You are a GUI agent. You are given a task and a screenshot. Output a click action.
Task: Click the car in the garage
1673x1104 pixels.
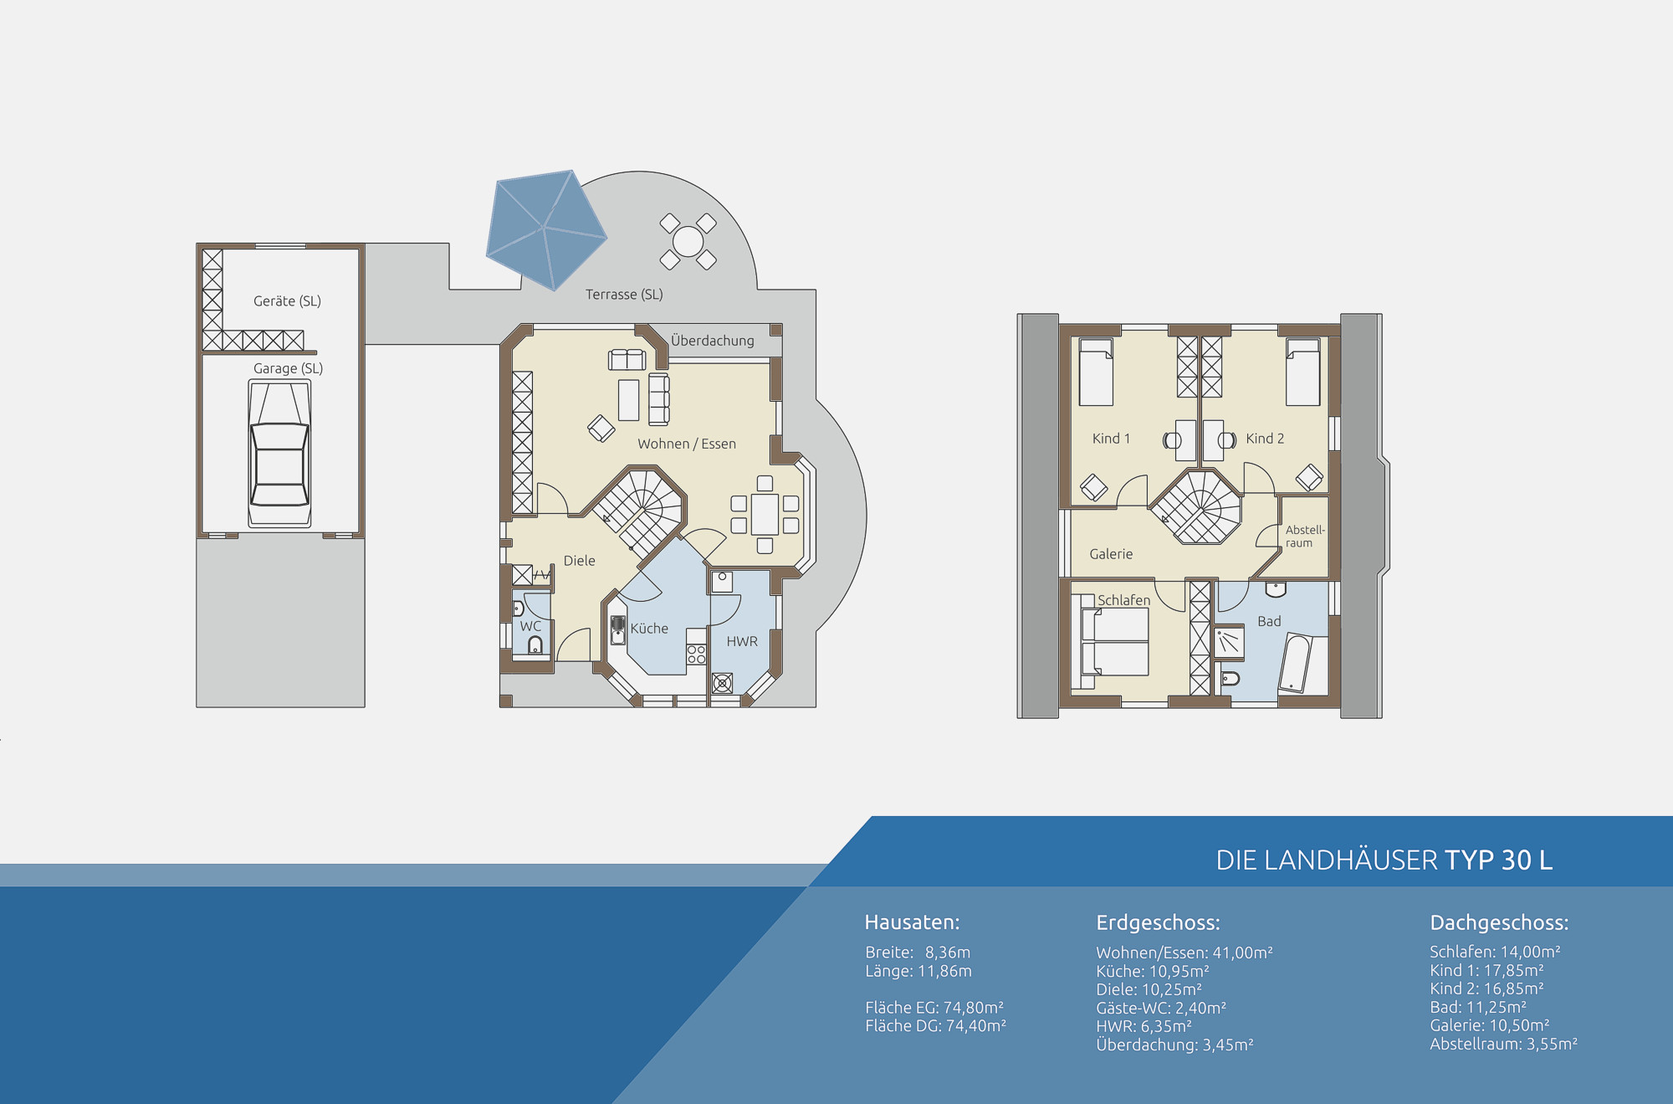click(279, 453)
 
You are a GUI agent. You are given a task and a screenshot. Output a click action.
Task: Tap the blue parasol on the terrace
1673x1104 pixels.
click(546, 229)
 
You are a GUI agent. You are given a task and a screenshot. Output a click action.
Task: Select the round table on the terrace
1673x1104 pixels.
click(688, 241)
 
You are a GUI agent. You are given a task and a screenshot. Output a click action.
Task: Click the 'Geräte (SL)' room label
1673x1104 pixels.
click(287, 301)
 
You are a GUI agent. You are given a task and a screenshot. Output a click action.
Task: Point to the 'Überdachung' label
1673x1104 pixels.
click(712, 341)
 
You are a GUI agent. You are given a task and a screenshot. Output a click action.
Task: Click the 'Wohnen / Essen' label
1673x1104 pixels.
click(687, 444)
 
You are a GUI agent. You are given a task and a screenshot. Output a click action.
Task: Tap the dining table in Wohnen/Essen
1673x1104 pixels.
click(765, 514)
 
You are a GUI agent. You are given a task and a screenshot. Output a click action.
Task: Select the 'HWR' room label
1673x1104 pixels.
click(742, 641)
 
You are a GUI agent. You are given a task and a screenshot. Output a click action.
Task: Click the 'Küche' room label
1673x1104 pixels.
click(649, 629)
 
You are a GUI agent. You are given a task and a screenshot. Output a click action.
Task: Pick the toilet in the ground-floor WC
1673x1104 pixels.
click(535, 644)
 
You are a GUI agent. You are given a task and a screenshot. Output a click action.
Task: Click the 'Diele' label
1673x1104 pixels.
click(579, 561)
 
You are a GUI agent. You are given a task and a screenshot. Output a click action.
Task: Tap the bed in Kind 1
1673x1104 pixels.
click(1096, 372)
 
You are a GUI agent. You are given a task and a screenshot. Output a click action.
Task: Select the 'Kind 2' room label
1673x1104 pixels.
click(1264, 439)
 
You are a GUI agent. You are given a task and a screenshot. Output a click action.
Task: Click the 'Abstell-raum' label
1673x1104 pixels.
click(1305, 537)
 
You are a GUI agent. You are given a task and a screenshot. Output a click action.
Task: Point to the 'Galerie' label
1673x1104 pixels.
click(1111, 554)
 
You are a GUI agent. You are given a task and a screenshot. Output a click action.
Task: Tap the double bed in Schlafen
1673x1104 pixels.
click(1114, 642)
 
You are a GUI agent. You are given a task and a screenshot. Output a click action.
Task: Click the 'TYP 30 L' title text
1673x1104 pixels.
click(1498, 860)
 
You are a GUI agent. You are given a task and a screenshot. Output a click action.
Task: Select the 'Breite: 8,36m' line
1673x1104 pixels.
click(918, 953)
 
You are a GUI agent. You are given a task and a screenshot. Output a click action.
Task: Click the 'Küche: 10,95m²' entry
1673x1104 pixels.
click(1153, 971)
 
